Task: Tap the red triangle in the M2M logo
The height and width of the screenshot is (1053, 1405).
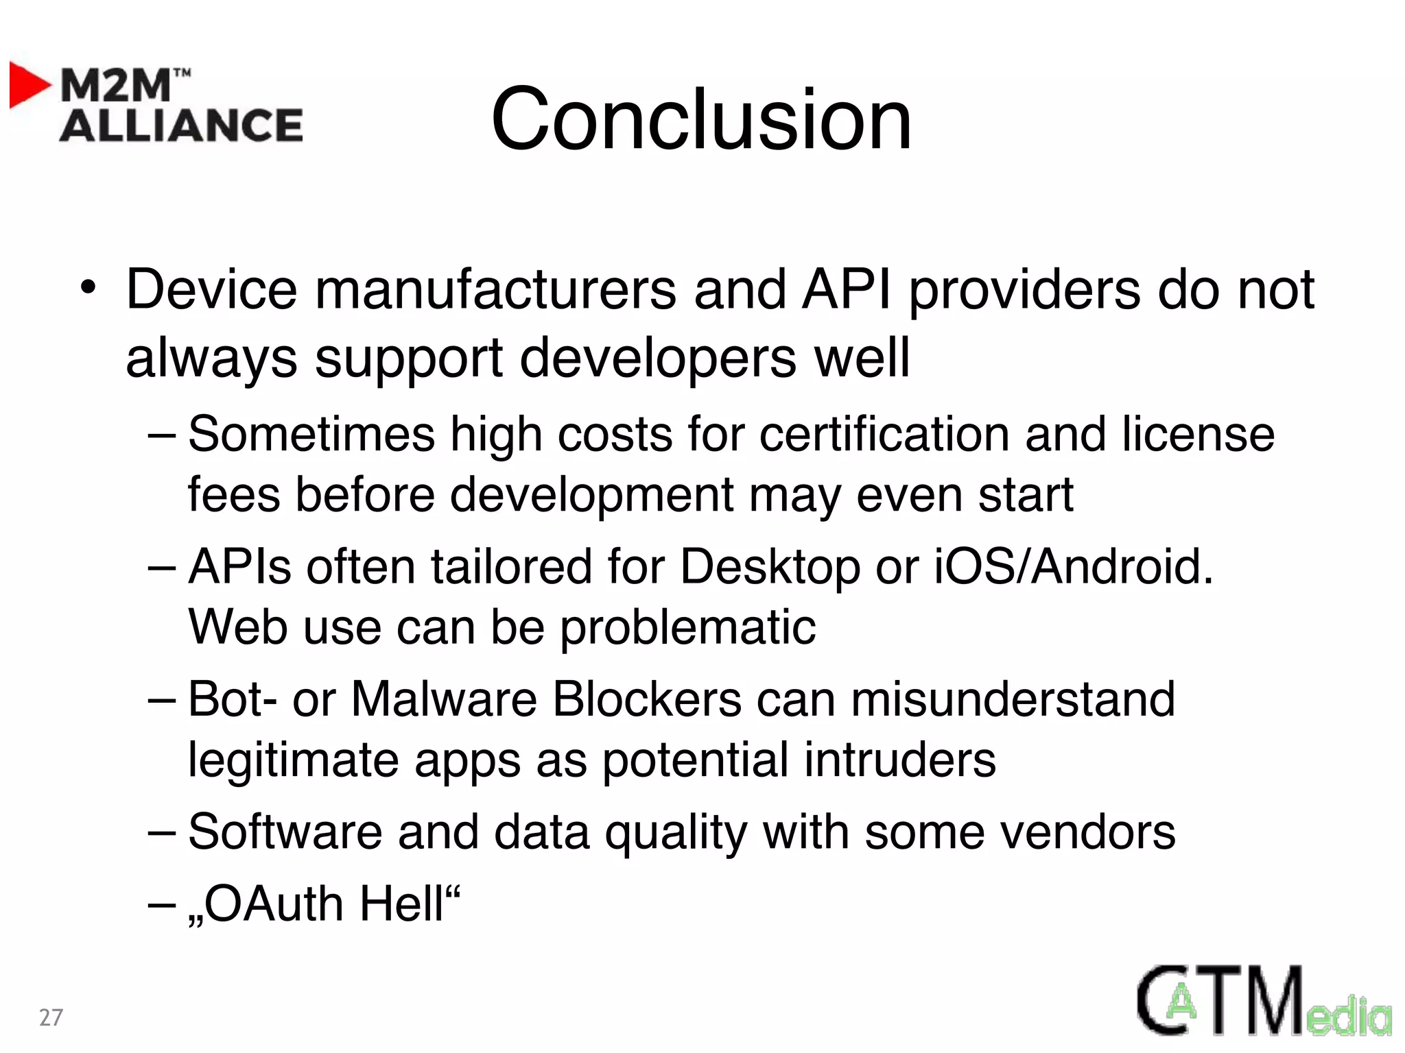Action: pyautogui.click(x=29, y=85)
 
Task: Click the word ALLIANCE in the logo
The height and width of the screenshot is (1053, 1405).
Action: pyautogui.click(x=181, y=125)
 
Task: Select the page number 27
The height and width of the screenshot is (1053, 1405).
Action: pyautogui.click(x=51, y=1017)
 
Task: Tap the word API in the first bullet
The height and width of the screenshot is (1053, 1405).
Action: pyautogui.click(x=847, y=289)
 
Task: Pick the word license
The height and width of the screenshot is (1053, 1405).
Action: pyautogui.click(x=1198, y=434)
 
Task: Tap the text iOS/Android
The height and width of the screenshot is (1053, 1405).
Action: pyautogui.click(x=1074, y=566)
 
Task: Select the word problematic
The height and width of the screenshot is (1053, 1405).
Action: pyautogui.click(x=688, y=628)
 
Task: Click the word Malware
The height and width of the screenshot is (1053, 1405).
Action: pyautogui.click(x=444, y=699)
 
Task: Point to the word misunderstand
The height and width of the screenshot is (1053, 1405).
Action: pyautogui.click(x=1013, y=699)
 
